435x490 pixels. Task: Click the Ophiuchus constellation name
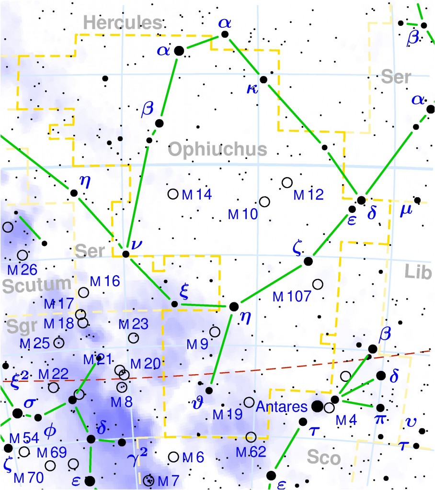[217, 149]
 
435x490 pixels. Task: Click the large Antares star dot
[317, 407]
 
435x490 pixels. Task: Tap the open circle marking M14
[173, 194]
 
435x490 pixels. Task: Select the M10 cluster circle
[264, 202]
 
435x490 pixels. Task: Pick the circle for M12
[287, 182]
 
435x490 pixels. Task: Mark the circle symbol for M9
[215, 332]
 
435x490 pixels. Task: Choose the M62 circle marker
[251, 436]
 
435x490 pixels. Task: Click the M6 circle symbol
[174, 457]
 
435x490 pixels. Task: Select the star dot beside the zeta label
[308, 261]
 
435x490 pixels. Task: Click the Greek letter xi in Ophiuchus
[184, 291]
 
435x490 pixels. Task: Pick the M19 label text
[228, 415]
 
